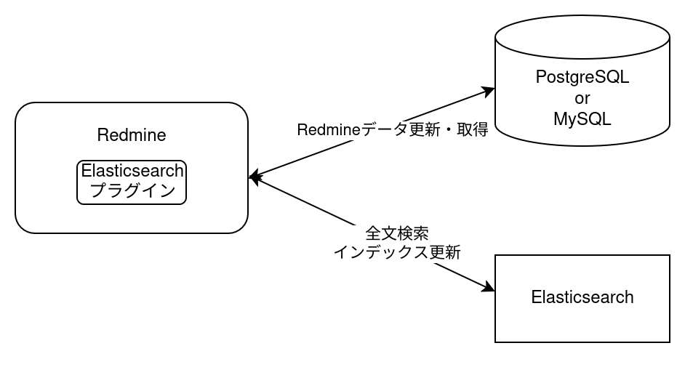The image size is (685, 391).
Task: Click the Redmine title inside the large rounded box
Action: coord(132,135)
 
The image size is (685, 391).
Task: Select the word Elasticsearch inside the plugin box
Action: coord(132,172)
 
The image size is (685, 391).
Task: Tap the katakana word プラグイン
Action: coord(132,190)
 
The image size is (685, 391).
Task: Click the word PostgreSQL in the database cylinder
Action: coord(582,77)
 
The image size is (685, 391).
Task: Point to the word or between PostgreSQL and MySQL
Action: coord(582,98)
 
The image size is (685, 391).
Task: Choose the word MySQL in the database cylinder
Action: coord(582,119)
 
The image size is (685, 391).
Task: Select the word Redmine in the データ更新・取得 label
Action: coord(325,131)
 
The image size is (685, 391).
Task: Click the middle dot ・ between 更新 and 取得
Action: coord(449,131)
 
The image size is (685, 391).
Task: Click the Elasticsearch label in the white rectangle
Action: coord(582,297)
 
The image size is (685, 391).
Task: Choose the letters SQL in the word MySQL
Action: coord(595,119)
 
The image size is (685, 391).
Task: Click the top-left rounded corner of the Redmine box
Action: coord(22,109)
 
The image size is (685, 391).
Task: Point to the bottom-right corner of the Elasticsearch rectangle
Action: coord(667,339)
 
